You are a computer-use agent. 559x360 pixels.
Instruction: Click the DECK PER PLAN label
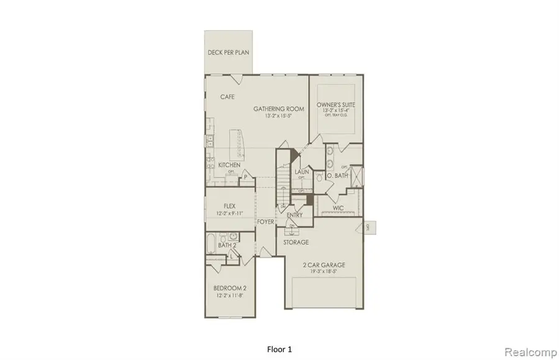click(x=228, y=52)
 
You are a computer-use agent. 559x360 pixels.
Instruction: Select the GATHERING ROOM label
click(x=279, y=109)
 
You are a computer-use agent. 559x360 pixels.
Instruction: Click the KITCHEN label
click(x=229, y=165)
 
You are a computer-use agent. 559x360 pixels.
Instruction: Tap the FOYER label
click(x=266, y=220)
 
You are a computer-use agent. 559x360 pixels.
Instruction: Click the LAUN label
click(x=302, y=172)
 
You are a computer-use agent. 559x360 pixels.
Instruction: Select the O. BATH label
click(x=336, y=175)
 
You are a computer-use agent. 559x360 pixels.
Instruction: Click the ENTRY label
click(x=294, y=215)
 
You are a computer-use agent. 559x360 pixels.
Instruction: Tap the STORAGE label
click(x=296, y=242)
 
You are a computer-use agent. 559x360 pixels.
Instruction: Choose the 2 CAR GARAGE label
click(x=324, y=265)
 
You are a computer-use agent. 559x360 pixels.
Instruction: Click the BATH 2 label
click(x=227, y=246)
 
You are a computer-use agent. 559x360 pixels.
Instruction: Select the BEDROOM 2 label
click(x=230, y=288)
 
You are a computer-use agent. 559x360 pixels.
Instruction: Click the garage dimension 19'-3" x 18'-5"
click(x=324, y=272)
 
